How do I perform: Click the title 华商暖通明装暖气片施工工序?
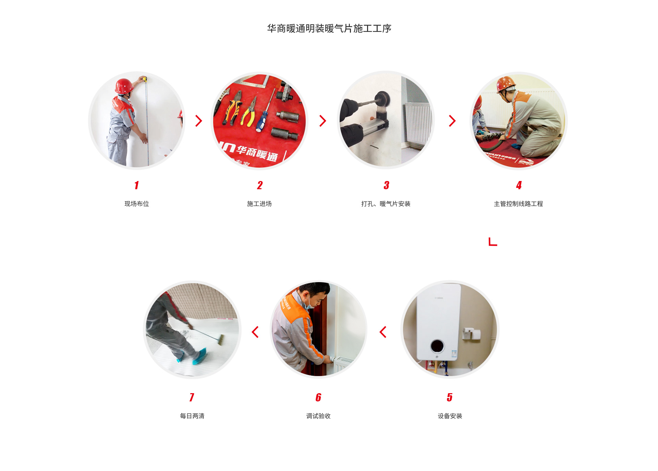click(329, 28)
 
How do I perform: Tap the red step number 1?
click(136, 185)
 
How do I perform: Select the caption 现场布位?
click(136, 204)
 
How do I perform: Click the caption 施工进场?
click(259, 204)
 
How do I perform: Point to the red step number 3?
click(386, 185)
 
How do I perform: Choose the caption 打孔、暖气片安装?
click(386, 204)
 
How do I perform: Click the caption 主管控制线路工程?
click(518, 204)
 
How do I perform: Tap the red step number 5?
click(449, 397)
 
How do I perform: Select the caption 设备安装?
click(450, 416)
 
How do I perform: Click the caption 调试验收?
click(318, 416)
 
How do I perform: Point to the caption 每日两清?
click(192, 416)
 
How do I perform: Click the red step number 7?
click(192, 397)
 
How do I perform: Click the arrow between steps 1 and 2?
click(199, 121)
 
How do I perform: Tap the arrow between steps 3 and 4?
click(452, 121)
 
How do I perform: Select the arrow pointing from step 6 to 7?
click(255, 332)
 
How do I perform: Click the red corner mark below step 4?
click(492, 242)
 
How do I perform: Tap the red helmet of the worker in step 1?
click(123, 85)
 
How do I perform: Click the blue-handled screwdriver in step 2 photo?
click(261, 122)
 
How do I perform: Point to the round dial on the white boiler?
click(437, 346)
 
